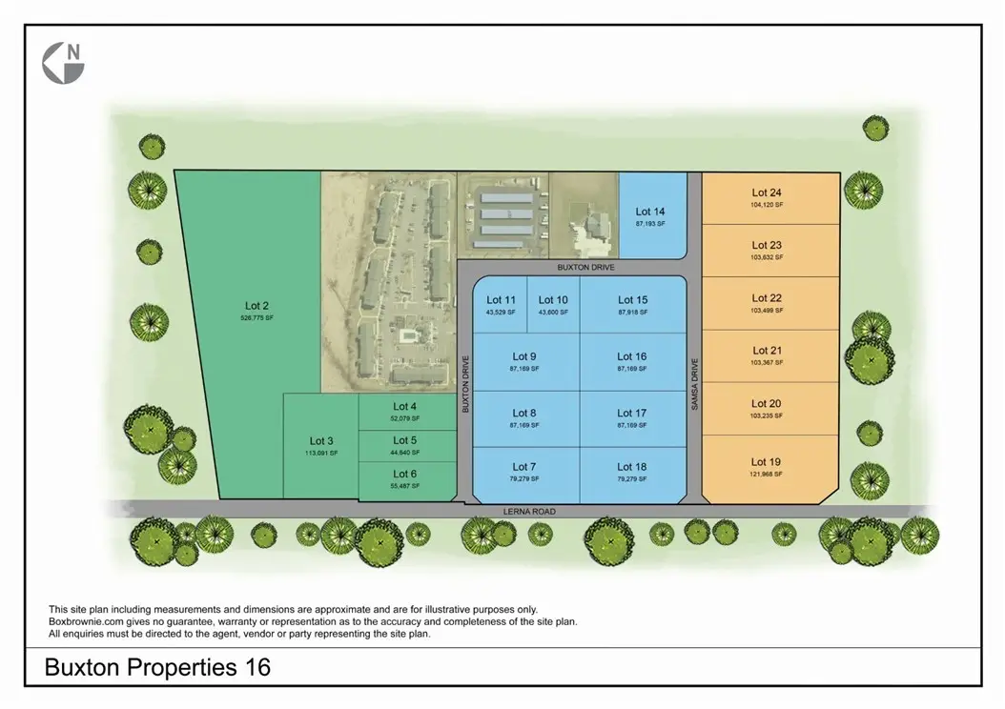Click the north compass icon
[x=64, y=62]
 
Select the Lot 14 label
[x=649, y=212]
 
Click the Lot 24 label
[x=767, y=192]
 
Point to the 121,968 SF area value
[x=767, y=474]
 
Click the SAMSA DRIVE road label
[x=695, y=384]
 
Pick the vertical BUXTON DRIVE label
[x=466, y=383]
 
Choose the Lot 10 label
[x=553, y=300]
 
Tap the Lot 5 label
[x=404, y=440]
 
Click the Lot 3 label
[x=322, y=440]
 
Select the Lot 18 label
[x=632, y=467]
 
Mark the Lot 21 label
[x=767, y=351]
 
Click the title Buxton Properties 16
[x=158, y=668]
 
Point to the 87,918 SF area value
[x=632, y=312]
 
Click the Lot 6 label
[x=404, y=474]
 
